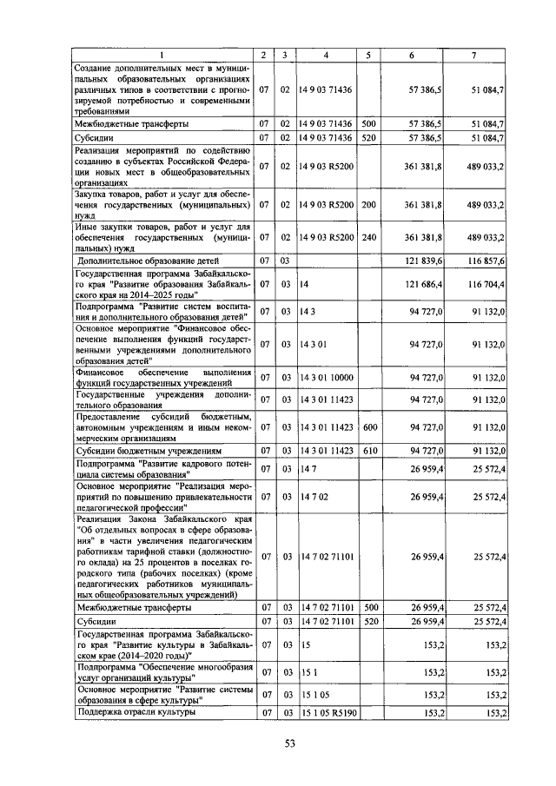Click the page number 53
tap(290, 741)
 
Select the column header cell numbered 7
tap(473, 56)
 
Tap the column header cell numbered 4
tap(325, 56)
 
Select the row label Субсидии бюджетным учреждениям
tap(140, 451)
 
